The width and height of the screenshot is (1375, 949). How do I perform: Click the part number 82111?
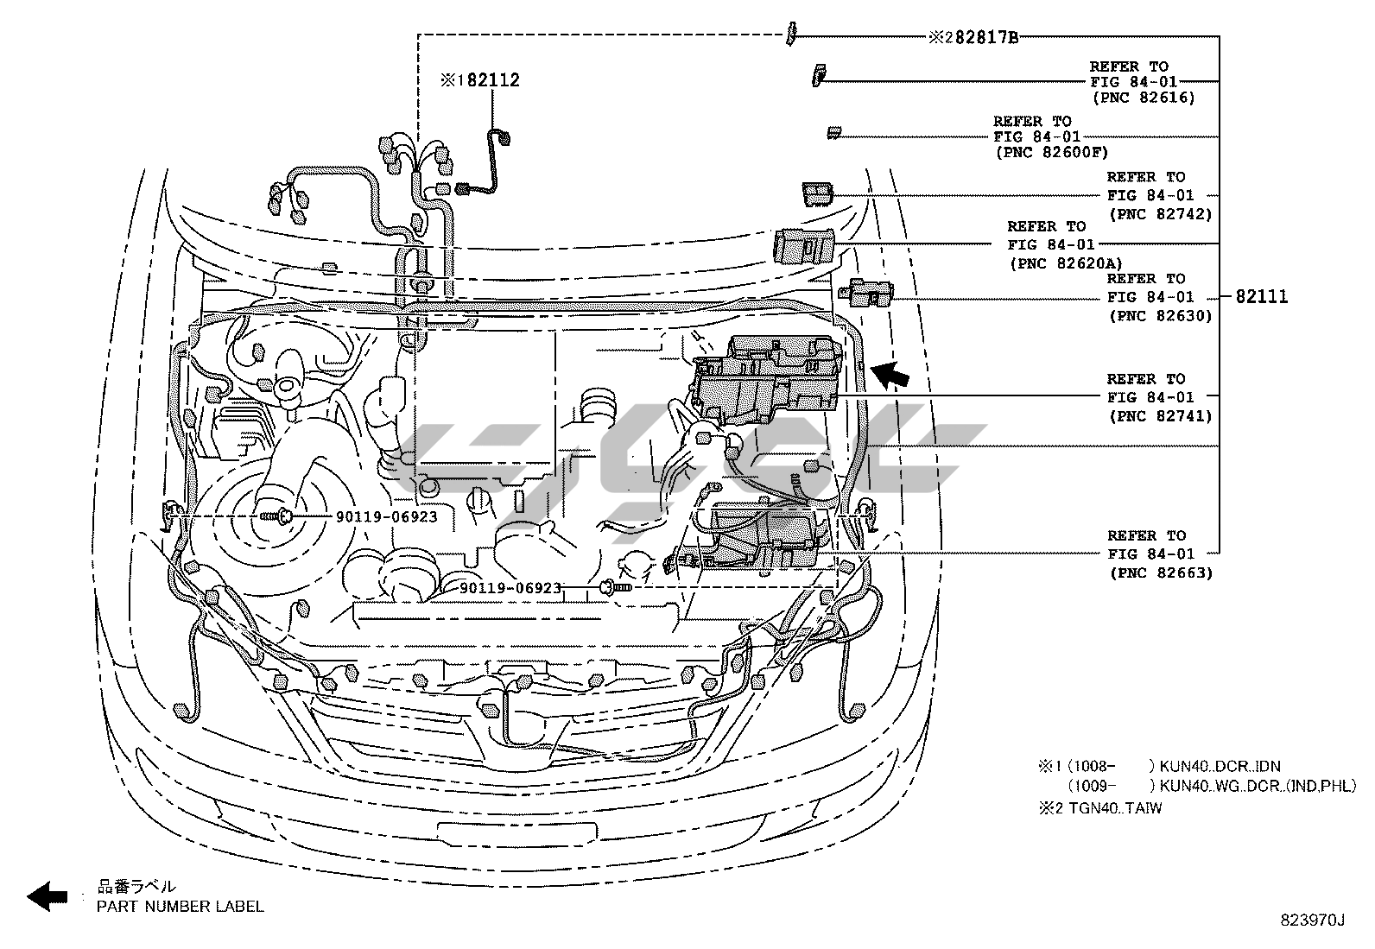[1262, 297]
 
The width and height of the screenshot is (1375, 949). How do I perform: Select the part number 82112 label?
[493, 79]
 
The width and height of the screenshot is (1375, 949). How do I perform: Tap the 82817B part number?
[986, 38]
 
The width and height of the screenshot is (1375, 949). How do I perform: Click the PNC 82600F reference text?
[1052, 152]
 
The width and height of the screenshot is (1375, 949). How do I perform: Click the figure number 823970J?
[1313, 921]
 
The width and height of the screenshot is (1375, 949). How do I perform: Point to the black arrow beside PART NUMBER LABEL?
[48, 897]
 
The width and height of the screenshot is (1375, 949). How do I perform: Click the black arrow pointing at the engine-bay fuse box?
[890, 375]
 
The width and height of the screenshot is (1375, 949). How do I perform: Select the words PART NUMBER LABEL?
[181, 906]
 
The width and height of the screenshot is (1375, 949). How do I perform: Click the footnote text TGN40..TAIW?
[1115, 808]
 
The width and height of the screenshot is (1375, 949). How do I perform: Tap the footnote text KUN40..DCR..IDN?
[1220, 766]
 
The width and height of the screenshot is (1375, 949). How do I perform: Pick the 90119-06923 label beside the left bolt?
[387, 517]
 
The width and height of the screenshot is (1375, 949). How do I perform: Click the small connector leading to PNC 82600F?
[834, 132]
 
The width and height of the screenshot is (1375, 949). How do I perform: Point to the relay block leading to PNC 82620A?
[804, 246]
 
